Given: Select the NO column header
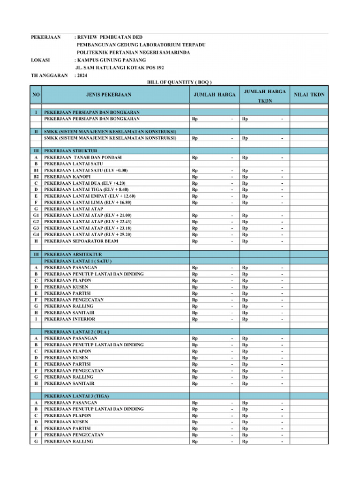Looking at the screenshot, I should click(36, 95).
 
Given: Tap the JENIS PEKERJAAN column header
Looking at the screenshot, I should click(109, 95).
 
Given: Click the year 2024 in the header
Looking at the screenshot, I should click(82, 75).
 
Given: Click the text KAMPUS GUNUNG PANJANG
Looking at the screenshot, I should click(111, 60).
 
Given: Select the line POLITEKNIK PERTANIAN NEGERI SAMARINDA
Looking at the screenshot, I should click(133, 52).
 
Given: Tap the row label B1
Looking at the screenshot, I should click(36, 170).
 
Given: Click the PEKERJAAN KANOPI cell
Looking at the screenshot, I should click(67, 176).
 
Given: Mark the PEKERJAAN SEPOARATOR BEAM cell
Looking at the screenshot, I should click(81, 241).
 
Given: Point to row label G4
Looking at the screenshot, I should click(36, 234).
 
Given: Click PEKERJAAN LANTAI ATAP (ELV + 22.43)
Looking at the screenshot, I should click(88, 222).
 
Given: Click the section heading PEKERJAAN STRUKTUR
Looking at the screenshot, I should click(71, 150).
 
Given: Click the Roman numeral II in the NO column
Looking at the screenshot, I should click(36, 132).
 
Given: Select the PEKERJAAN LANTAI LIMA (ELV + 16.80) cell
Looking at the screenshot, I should click(88, 202).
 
